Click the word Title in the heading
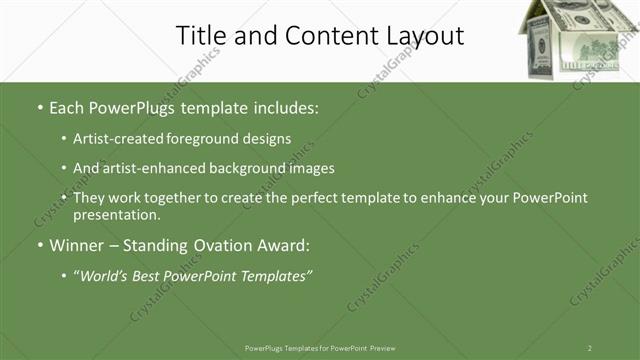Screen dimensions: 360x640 pyautogui.click(x=201, y=36)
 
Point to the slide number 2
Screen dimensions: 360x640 pyautogui.click(x=590, y=348)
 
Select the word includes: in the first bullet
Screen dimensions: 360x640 pyautogui.click(x=281, y=105)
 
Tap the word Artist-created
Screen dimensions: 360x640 pyautogui.click(x=115, y=139)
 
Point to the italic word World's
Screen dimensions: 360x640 pyautogui.click(x=105, y=275)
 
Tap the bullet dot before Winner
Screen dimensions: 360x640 pyautogui.click(x=39, y=245)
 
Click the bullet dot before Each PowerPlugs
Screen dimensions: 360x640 pyautogui.click(x=39, y=105)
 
